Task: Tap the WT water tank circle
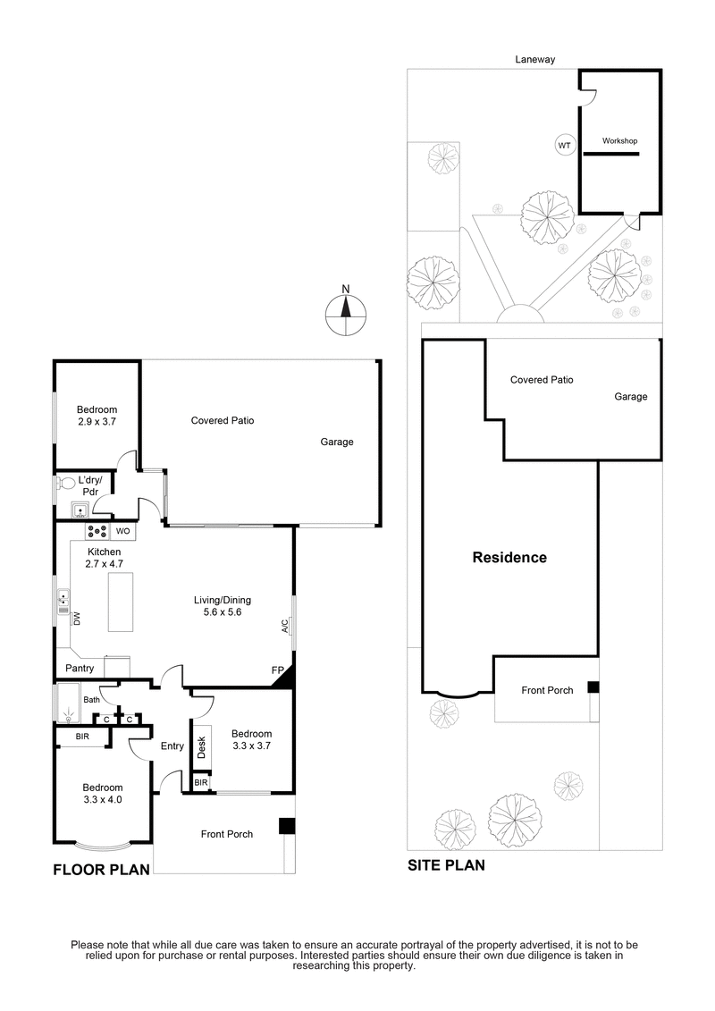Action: click(564, 145)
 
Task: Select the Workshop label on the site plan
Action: click(619, 141)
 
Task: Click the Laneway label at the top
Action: click(535, 60)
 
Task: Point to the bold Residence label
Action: click(509, 558)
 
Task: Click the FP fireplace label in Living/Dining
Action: click(278, 670)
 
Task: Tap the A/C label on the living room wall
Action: click(285, 626)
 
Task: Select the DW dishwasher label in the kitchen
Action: click(77, 618)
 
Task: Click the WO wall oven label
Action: click(123, 531)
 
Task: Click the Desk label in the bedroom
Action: click(201, 747)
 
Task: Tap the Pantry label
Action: click(80, 668)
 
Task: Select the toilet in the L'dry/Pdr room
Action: click(64, 484)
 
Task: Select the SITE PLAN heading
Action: click(446, 864)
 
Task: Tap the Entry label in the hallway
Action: click(172, 746)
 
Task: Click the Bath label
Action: click(91, 700)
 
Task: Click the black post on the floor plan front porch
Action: click(286, 826)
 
